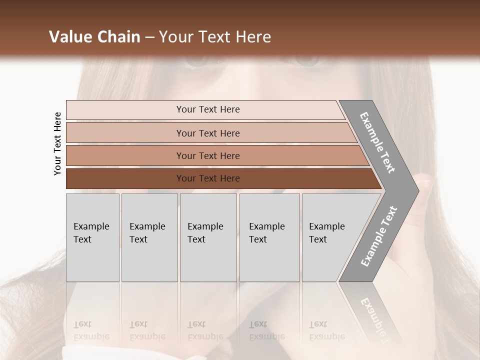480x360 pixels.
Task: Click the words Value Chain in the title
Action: (94, 37)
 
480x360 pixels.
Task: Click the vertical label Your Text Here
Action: (57, 143)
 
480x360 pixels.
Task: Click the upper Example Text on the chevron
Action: (377, 142)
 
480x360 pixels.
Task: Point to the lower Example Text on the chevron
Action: (379, 236)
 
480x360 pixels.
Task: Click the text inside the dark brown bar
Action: (208, 178)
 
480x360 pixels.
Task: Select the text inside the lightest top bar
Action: (208, 109)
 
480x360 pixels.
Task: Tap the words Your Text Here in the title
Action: (215, 37)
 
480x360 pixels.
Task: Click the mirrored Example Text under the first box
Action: (91, 330)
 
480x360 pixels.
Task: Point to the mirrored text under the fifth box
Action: (326, 330)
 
